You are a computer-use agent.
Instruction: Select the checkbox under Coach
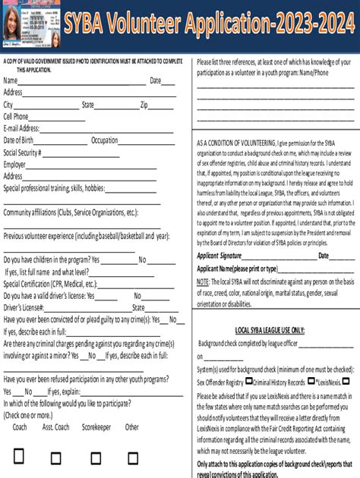tap(20, 458)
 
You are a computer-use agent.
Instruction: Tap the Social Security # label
tap(22, 152)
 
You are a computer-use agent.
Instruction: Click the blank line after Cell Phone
tap(58, 117)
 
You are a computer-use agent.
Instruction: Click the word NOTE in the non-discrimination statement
tap(204, 281)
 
